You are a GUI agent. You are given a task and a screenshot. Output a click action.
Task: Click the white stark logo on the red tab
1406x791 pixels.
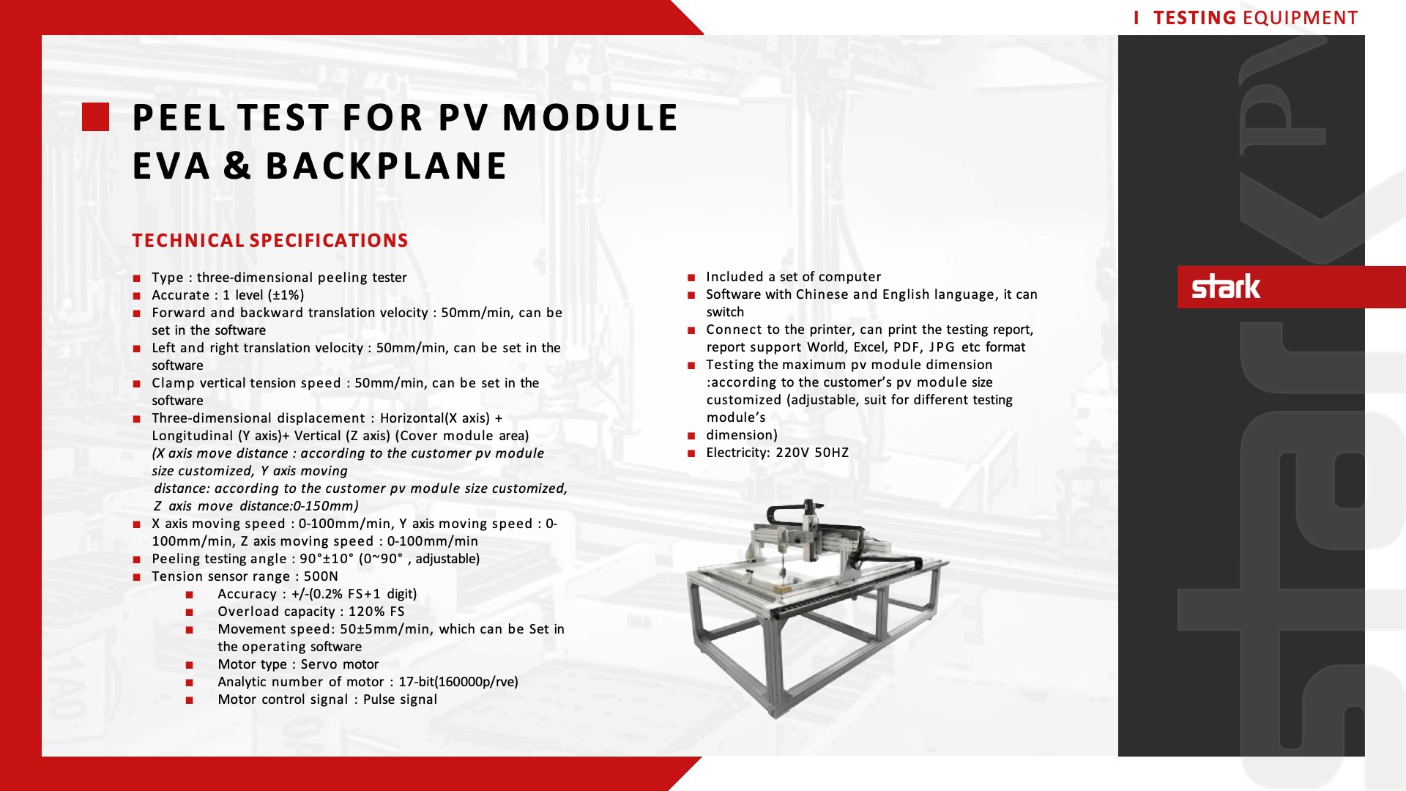pyautogui.click(x=1226, y=286)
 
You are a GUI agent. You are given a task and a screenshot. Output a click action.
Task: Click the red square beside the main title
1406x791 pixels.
pyautogui.click(x=95, y=117)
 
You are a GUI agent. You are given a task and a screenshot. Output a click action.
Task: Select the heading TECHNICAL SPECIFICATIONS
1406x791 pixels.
pyautogui.click(x=269, y=240)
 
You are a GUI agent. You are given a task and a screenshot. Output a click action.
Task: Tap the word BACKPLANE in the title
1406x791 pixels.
pyautogui.click(x=386, y=166)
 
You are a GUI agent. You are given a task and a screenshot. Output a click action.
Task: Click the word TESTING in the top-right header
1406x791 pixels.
pyautogui.click(x=1194, y=18)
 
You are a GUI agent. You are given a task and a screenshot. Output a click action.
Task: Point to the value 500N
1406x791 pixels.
pyautogui.click(x=321, y=576)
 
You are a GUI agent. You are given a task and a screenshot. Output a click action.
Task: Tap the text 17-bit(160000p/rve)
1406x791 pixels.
pyautogui.click(x=458, y=682)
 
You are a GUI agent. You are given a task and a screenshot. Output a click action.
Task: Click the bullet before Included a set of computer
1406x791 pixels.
pyautogui.click(x=691, y=278)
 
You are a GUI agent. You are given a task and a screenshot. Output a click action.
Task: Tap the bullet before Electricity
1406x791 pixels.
pyautogui.click(x=691, y=453)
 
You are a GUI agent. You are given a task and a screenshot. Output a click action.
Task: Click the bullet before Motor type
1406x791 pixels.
pyautogui.click(x=190, y=665)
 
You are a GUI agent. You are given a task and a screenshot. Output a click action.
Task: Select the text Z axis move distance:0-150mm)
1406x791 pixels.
pyautogui.click(x=256, y=506)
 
